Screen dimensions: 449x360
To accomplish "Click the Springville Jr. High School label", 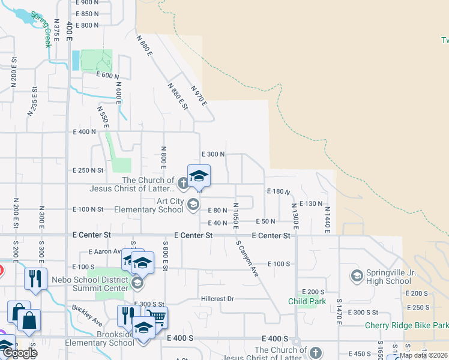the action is (390, 277).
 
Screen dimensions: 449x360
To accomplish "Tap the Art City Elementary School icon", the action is (193, 205).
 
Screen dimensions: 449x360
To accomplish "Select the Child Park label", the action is (307, 301).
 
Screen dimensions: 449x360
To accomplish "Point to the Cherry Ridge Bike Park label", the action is (407, 326).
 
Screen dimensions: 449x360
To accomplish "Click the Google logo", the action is (20, 353).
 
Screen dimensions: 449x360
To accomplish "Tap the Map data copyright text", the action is (424, 355).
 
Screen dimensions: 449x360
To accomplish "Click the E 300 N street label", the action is (212, 154).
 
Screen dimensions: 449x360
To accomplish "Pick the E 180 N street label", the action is (279, 191).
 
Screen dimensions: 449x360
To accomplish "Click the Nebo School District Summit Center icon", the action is (137, 283).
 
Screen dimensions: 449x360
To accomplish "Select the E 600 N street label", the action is (108, 76).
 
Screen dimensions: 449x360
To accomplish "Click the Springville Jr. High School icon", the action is (357, 276).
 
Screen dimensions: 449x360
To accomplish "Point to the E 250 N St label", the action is (88, 170).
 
